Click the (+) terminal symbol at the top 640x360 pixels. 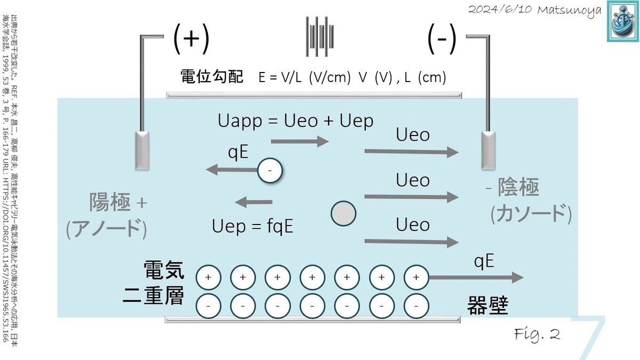(191, 38)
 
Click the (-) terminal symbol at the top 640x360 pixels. (442, 38)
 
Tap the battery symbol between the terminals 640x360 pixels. (319, 37)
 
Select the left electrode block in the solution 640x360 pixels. (142, 150)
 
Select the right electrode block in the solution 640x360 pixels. (489, 150)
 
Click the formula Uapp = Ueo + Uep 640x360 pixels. (295, 121)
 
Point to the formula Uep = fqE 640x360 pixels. (253, 226)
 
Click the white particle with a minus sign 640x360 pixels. (270, 171)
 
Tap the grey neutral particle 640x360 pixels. (343, 214)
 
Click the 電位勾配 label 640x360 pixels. (212, 77)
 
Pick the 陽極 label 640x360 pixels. (110, 202)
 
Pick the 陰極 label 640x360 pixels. (518, 187)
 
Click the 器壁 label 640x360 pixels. (487, 306)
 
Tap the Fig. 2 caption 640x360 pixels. (537, 334)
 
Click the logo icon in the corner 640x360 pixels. (623, 21)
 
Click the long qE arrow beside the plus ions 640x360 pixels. (476, 277)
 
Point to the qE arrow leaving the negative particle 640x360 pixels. (231, 170)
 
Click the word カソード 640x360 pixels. (531, 213)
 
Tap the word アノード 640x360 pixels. (106, 228)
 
